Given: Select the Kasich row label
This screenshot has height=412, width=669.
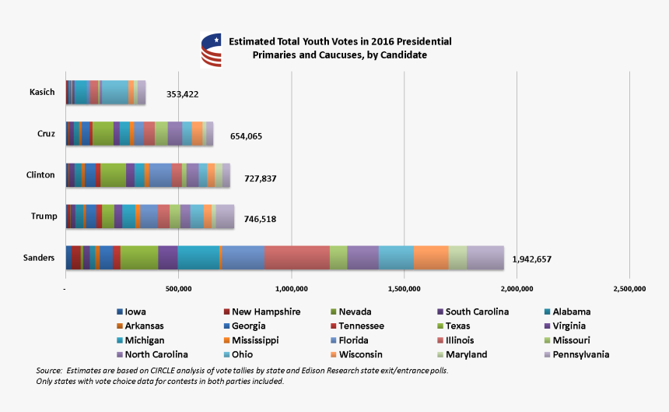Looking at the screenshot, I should (x=42, y=93).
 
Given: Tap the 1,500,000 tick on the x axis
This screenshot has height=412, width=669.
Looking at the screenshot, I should (x=404, y=289).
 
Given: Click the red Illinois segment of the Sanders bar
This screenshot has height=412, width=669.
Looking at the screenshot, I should (x=297, y=257).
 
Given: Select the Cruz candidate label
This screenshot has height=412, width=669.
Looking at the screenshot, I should (x=46, y=134).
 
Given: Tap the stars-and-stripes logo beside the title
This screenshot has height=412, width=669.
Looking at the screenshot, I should (x=210, y=49).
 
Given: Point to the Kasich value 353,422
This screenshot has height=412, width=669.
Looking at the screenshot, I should (x=183, y=94).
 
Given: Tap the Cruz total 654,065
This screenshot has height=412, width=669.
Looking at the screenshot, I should (x=246, y=136).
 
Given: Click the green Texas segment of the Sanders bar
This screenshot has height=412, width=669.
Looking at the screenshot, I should (x=139, y=257).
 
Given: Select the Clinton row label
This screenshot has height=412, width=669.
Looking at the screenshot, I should (x=40, y=175).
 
